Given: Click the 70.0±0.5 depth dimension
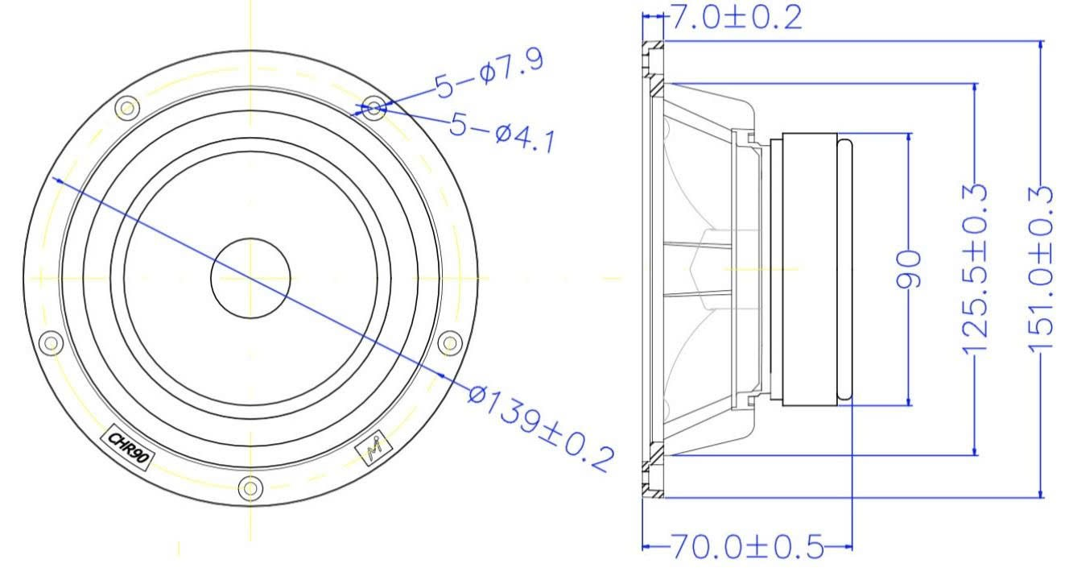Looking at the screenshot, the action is pyautogui.click(x=747, y=546).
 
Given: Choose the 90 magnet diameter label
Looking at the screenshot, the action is pyautogui.click(x=909, y=269).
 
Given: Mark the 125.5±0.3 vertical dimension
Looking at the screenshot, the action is pyautogui.click(x=974, y=268).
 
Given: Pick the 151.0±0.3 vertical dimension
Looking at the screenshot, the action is pyautogui.click(x=1041, y=268).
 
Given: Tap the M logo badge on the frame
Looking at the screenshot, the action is pyautogui.click(x=373, y=448).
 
